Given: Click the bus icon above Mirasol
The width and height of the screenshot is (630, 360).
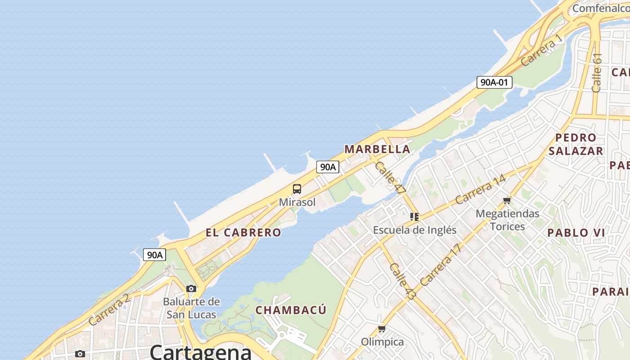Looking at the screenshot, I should pos(297,189).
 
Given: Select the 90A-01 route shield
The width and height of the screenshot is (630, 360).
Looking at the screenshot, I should pos(494,82).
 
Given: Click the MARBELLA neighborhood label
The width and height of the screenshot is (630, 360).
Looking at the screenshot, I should pos(377,149).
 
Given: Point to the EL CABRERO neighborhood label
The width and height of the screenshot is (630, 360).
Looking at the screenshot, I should pos(243,233).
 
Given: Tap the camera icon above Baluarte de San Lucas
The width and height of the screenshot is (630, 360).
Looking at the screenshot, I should pos(191,288).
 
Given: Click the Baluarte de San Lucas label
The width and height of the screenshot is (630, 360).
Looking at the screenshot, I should pos(192,308).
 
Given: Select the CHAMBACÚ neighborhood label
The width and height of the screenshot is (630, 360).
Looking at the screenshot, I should pos(291,310).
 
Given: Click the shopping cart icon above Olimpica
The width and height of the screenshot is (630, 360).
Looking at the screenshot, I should pos(382,329).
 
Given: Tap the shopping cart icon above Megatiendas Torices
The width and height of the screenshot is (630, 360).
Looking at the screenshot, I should pos(507,200).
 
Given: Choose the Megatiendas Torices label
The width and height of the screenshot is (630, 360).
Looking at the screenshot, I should pos(508,220).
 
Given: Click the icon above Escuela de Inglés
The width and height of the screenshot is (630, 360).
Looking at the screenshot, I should pos(414,217).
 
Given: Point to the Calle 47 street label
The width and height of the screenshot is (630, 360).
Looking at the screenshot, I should pos(390,178).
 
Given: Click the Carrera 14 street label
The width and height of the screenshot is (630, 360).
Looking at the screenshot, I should pos(480,189).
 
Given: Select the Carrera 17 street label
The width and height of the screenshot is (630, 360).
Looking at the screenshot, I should pos(441,265).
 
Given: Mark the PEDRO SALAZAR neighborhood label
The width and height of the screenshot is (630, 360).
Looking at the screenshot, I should pos(576,144).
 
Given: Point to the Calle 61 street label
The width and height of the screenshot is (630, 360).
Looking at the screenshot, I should pos(597,73).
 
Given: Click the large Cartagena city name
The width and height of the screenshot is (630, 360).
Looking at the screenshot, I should pos(200,351).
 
